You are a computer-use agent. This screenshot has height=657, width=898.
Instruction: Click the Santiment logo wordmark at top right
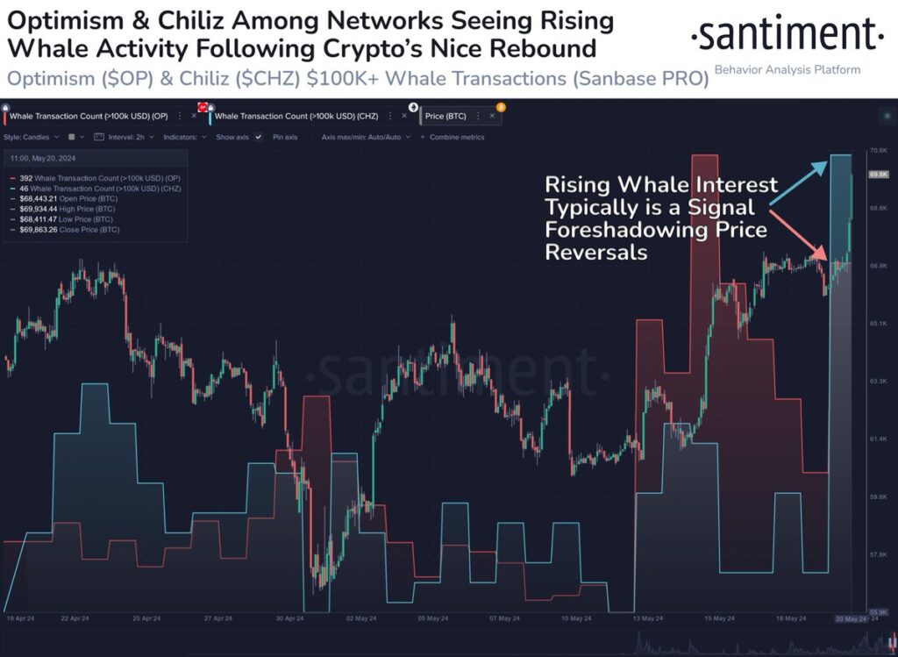787,35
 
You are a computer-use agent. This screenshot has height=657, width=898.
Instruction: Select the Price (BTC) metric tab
446,115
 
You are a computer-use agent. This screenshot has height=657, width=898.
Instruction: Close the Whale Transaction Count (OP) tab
194,115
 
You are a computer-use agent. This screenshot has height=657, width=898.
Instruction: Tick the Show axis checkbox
258,137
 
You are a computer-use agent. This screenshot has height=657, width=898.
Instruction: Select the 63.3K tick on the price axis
878,382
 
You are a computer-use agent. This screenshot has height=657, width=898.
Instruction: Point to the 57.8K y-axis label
878,554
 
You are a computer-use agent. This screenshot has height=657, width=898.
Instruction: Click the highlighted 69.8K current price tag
879,175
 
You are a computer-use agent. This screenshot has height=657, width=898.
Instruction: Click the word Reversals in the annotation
596,252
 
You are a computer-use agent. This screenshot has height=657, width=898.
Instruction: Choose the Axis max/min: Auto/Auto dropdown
360,137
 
